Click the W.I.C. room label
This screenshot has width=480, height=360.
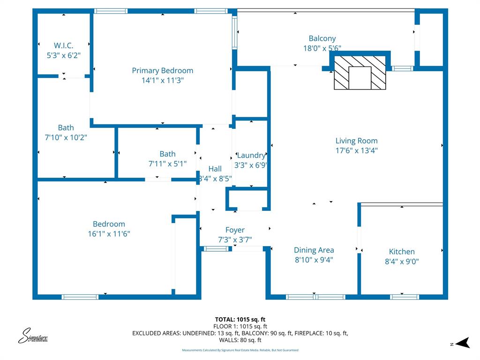point(64,45)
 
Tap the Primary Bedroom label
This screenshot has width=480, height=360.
point(162,70)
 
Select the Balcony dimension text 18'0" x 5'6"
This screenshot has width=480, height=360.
point(322,48)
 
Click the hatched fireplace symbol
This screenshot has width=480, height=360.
point(360,73)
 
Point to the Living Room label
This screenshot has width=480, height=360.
point(356,141)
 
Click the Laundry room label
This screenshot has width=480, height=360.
point(251,155)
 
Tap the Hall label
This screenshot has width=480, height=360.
point(215,169)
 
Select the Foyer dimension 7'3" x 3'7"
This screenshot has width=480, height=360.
point(235,240)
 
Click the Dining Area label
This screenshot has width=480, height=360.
point(314,250)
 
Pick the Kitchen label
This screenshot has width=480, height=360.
point(402,251)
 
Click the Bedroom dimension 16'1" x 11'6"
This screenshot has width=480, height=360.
point(109,233)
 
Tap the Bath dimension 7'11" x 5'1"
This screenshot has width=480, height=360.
point(167,164)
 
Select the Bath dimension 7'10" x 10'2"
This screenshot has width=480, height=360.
point(66,137)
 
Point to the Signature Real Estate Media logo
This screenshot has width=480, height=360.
point(33,336)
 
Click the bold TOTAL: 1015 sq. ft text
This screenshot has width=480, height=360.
point(240,320)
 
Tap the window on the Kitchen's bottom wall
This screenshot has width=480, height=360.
point(404,297)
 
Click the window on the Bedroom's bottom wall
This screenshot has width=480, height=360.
point(80,297)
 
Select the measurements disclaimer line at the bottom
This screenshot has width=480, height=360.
point(240,350)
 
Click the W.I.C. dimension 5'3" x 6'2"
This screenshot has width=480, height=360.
point(64,55)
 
